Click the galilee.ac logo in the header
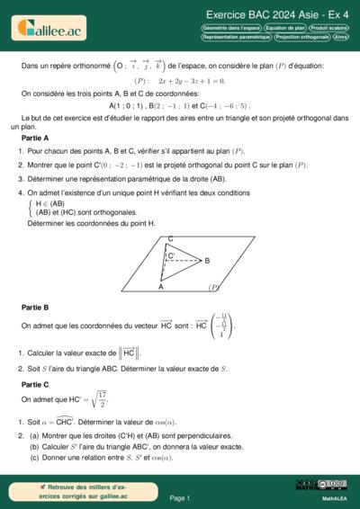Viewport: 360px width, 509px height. (49, 30)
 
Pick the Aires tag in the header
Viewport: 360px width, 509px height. (340, 39)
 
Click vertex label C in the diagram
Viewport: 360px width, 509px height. (171, 238)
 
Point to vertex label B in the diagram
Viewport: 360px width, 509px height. (207, 261)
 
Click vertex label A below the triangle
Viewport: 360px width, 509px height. (161, 288)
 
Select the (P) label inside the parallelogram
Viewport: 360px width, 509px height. (213, 288)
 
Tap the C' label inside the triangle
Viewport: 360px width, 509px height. (171, 256)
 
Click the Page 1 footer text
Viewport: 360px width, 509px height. (179, 497)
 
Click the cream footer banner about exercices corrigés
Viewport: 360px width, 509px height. (62, 491)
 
